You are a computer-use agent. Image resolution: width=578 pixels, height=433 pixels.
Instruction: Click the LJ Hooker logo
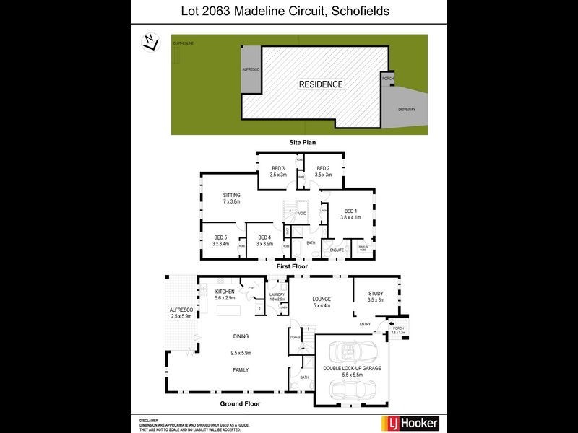click(409, 423)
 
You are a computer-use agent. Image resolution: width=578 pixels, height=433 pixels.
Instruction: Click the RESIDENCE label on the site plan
click(321, 84)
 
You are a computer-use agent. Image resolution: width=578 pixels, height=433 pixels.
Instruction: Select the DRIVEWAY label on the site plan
click(407, 109)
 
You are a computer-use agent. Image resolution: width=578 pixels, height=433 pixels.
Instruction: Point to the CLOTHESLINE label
click(183, 44)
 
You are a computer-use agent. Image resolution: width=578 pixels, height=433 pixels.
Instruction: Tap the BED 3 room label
click(278, 168)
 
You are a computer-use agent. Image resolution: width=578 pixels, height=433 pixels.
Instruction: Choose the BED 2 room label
click(323, 168)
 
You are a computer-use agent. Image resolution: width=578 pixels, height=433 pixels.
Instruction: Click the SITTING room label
click(231, 195)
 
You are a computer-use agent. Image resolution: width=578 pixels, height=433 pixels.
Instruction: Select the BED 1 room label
click(350, 211)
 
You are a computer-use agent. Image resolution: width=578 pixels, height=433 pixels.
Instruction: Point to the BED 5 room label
click(220, 237)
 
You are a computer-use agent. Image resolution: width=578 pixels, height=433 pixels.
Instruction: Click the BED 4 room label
click(264, 237)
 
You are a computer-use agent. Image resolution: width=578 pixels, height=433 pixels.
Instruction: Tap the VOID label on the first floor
click(302, 213)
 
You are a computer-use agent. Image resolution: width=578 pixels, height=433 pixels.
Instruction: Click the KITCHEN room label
click(225, 291)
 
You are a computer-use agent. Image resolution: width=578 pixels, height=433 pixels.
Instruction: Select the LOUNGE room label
click(321, 299)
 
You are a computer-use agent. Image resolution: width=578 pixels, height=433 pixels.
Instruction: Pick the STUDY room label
click(376, 293)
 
